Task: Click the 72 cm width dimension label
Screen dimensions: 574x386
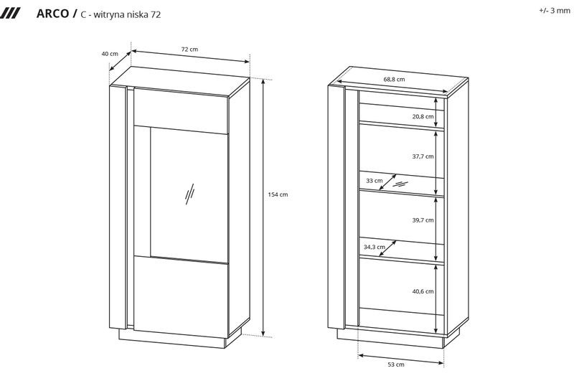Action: [189, 49]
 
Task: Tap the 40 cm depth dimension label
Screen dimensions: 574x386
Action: [110, 54]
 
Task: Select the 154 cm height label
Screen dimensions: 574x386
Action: [278, 194]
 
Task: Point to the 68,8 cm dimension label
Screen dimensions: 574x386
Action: [394, 79]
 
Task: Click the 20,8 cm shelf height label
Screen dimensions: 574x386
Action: [423, 116]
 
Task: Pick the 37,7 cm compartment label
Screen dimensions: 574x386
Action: [423, 156]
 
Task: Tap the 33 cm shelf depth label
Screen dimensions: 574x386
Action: [374, 181]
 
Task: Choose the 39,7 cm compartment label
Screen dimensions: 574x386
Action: [423, 220]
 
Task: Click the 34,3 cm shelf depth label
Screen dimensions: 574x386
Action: [374, 248]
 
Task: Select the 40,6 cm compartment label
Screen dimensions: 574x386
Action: [423, 291]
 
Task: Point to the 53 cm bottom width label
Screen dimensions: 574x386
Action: [396, 364]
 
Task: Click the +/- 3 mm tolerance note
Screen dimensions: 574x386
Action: [555, 11]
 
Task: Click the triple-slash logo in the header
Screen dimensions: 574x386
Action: [10, 14]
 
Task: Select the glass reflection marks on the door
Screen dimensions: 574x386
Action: [189, 194]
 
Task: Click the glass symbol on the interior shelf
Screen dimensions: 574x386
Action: [400, 184]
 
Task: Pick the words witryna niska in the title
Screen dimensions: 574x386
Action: [121, 14]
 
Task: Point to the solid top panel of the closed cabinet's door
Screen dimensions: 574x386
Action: [182, 110]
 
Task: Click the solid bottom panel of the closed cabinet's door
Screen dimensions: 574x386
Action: [182, 296]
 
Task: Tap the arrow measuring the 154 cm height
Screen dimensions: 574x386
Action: [263, 207]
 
